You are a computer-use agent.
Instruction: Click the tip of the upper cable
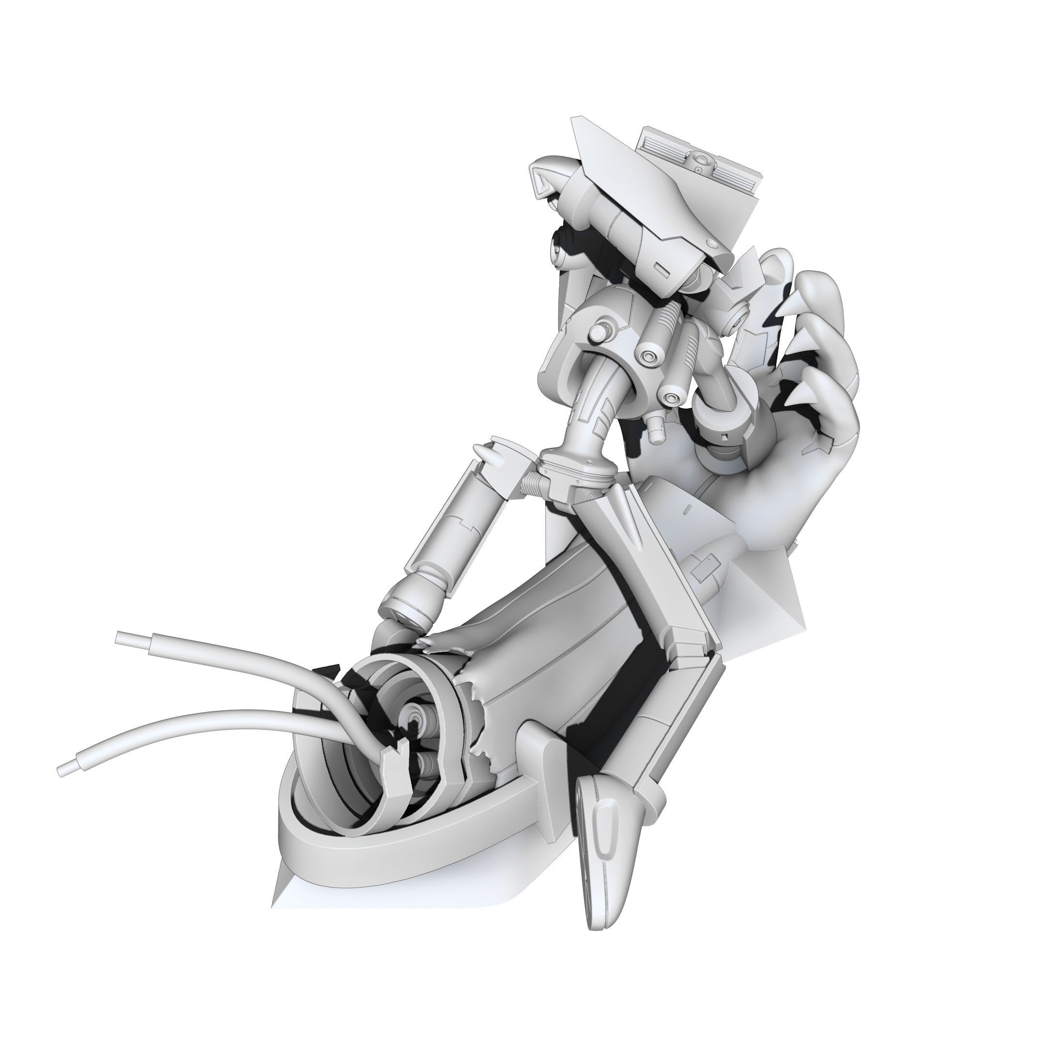tap(120, 638)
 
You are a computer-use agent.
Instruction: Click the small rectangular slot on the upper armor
tap(661, 267)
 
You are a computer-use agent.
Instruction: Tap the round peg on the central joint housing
tap(600, 331)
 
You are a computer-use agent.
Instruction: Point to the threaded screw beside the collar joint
tap(531, 480)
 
